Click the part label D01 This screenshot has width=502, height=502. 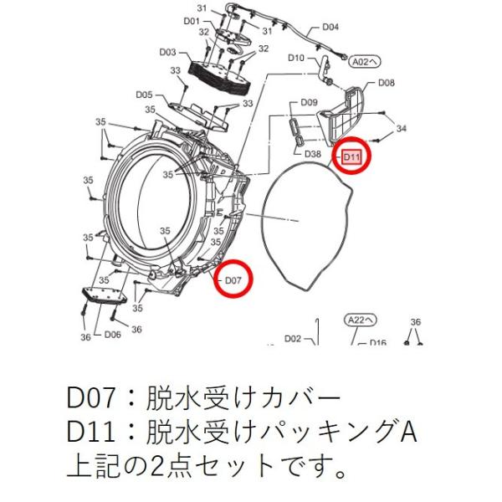coord(191,20)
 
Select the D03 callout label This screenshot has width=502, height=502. coord(168,51)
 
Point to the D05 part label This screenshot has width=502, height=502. coord(143,95)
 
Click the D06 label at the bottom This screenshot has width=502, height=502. coord(113,335)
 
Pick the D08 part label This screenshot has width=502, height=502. coord(386,83)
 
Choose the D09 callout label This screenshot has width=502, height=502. coord(309,102)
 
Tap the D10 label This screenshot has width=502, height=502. coord(296,58)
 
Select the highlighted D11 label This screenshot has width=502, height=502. coord(351,156)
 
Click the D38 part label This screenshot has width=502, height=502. coord(314,154)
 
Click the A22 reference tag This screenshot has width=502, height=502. coord(360,319)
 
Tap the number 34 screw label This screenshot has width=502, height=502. coord(401,128)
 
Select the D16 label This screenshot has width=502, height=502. coord(378,342)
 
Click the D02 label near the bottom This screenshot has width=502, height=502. coord(292,339)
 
